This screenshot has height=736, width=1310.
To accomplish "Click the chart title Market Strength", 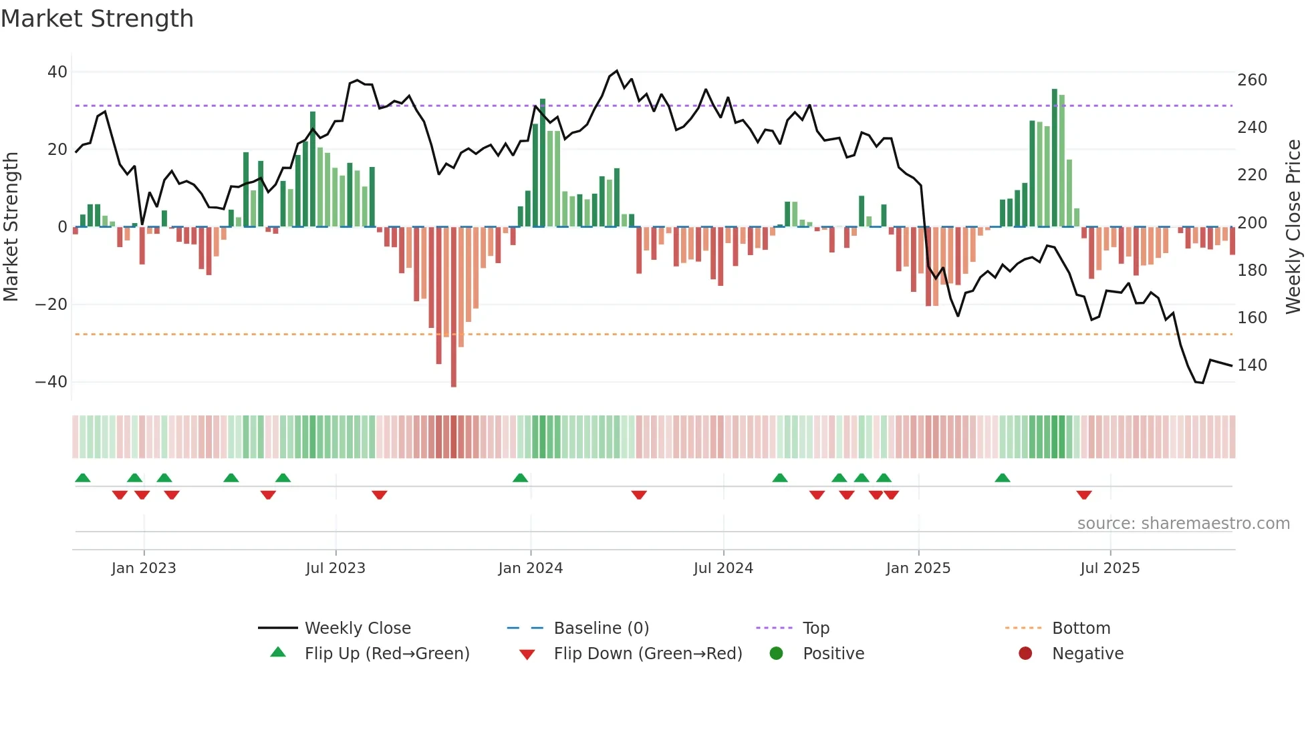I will pyautogui.click(x=97, y=19).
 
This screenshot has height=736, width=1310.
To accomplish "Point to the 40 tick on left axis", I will pyautogui.click(x=57, y=71).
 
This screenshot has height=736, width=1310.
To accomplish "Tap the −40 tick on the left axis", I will pyautogui.click(x=51, y=382).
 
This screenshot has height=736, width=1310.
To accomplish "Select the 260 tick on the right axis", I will pyautogui.click(x=1252, y=80).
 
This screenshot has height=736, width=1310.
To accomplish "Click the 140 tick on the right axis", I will pyautogui.click(x=1252, y=365).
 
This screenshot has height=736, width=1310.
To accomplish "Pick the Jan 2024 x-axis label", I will pyautogui.click(x=530, y=568).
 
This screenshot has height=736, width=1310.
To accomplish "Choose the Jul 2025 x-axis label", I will pyautogui.click(x=1109, y=568).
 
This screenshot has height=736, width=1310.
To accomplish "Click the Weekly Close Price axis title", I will pyautogui.click(x=1293, y=227).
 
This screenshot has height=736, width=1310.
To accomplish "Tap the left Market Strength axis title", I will pyautogui.click(x=11, y=227).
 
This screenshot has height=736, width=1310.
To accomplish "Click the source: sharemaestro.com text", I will pyautogui.click(x=1183, y=524).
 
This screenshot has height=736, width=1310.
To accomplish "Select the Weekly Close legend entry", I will pyautogui.click(x=358, y=628).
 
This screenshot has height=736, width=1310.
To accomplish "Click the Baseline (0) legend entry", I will pyautogui.click(x=601, y=628).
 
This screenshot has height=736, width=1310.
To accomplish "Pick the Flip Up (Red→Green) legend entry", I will pyautogui.click(x=387, y=654).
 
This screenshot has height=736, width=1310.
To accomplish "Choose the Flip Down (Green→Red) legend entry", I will pyautogui.click(x=648, y=654).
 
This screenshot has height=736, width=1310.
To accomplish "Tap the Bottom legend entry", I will pyautogui.click(x=1081, y=628).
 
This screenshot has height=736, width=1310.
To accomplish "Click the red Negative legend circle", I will pyautogui.click(x=1025, y=654).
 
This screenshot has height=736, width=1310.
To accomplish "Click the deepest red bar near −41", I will pyautogui.click(x=454, y=307).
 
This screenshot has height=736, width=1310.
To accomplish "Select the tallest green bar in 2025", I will pyautogui.click(x=1055, y=158).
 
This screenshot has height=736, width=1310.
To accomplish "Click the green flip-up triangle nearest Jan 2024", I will pyautogui.click(x=520, y=478).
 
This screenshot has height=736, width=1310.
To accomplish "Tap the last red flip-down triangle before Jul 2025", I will pyautogui.click(x=1084, y=495).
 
